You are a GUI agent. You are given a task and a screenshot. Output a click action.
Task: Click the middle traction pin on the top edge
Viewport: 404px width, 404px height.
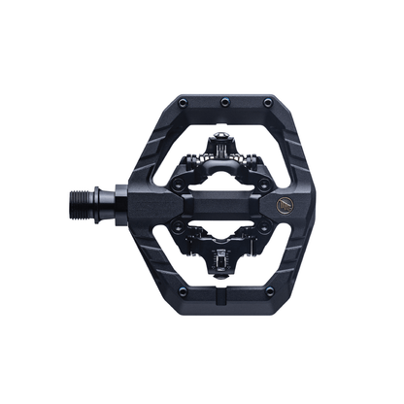coord(224,101)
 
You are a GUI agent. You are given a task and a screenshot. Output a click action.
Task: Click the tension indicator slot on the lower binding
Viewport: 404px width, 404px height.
coord(224,263)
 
